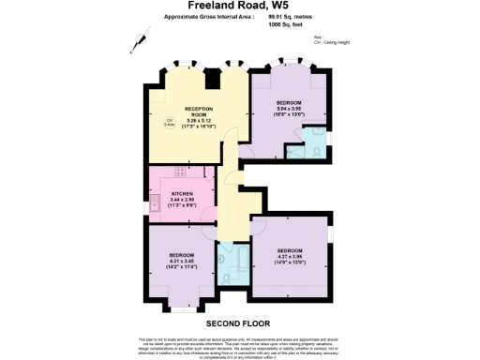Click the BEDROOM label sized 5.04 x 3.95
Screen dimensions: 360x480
(x=288, y=101)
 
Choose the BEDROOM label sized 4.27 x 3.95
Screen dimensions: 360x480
(x=290, y=250)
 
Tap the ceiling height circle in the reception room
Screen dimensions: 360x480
(x=170, y=122)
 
